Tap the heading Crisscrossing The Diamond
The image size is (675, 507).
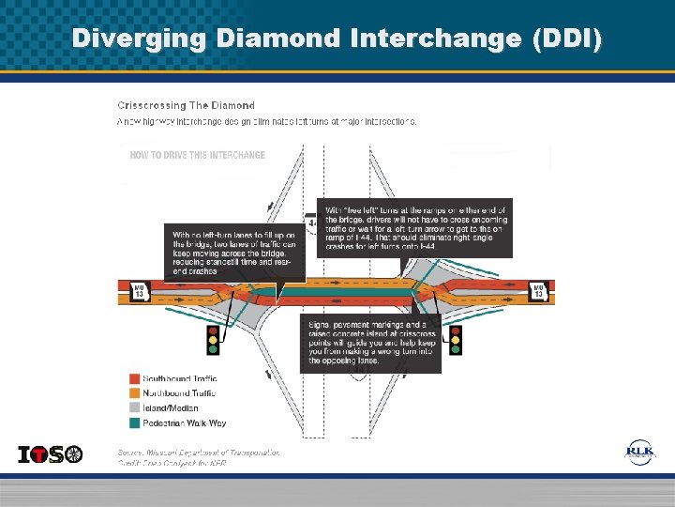186,105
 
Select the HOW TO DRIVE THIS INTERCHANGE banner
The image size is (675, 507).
198,155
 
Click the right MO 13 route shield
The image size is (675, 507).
538,292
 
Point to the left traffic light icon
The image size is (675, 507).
213,339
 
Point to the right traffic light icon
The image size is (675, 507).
456,339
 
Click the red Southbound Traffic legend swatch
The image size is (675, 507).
134,379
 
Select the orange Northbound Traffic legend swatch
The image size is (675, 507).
134,393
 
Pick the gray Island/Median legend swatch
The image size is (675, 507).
134,408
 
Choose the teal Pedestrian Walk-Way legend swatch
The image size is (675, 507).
134,422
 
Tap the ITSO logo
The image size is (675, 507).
51,454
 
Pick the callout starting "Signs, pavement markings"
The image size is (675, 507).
370,342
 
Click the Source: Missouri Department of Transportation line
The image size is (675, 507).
198,452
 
